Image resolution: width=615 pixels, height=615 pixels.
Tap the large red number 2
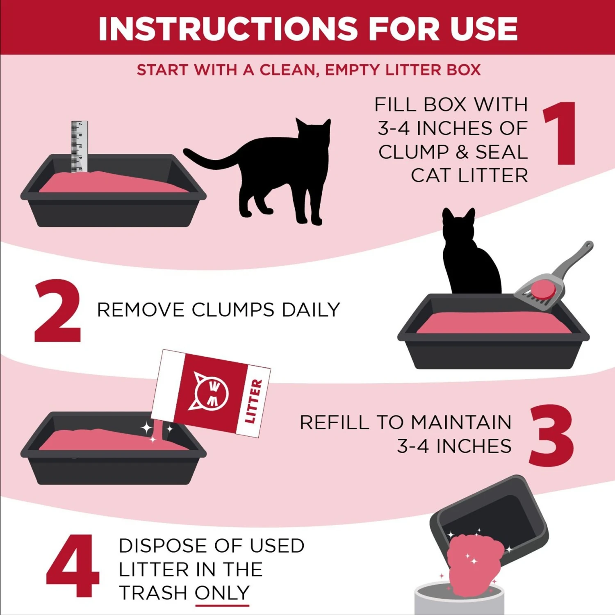click(x=57, y=312)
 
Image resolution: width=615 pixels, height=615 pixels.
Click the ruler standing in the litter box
click(x=79, y=146)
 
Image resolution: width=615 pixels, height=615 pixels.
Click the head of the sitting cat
click(x=458, y=225)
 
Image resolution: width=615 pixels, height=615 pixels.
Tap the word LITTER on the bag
click(x=253, y=401)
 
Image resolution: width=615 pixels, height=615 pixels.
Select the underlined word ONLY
click(x=222, y=593)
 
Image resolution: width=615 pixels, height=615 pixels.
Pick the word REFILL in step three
click(x=334, y=423)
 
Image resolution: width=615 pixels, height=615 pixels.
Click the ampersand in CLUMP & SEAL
click(x=462, y=152)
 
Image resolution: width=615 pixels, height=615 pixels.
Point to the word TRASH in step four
click(x=153, y=593)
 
